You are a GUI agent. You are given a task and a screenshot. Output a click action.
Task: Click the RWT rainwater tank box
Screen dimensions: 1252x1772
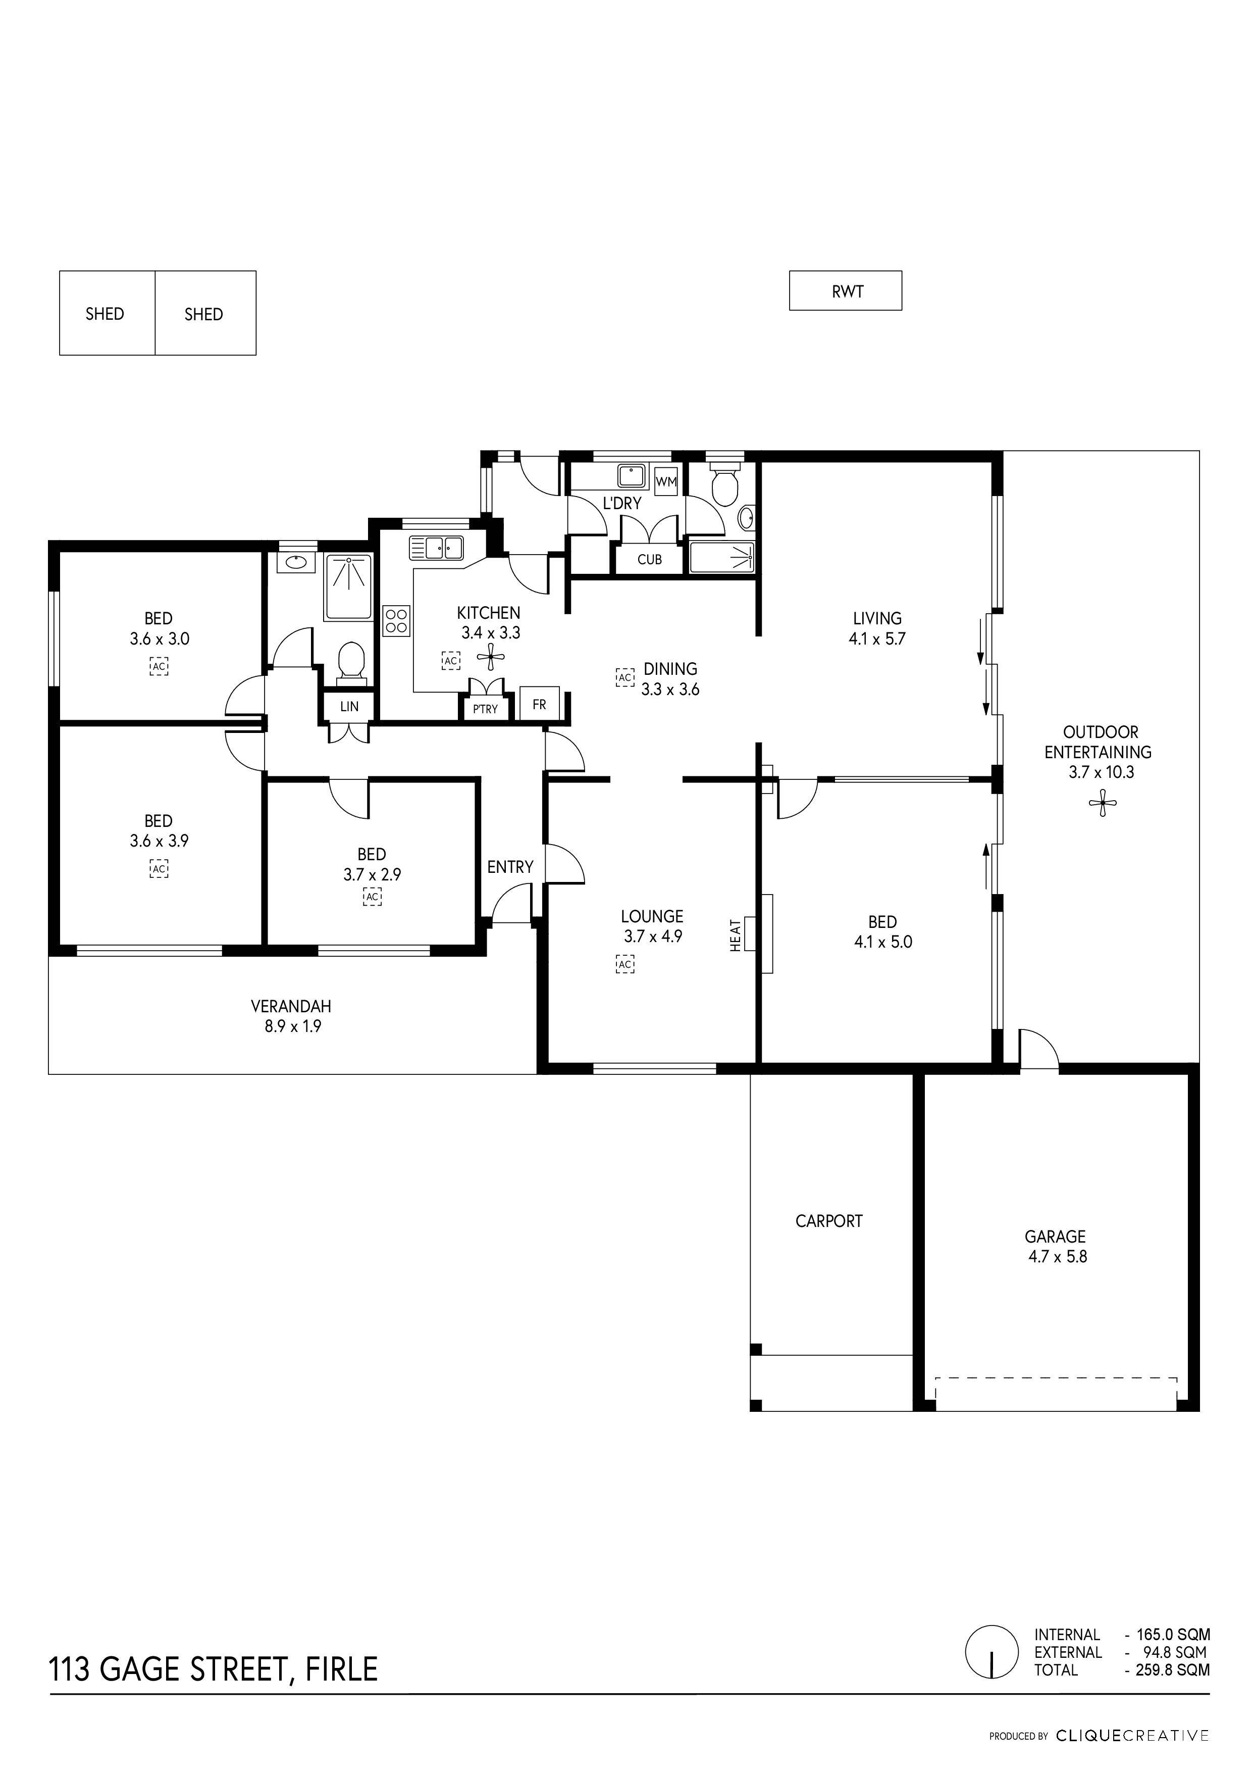click(846, 291)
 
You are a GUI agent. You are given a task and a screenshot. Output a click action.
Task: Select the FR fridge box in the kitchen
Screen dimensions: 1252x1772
click(539, 704)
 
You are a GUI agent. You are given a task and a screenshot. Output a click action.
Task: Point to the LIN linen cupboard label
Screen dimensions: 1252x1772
click(349, 706)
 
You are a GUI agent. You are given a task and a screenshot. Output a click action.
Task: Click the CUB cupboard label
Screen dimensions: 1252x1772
click(650, 560)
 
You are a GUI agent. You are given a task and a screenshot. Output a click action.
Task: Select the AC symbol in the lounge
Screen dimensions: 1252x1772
click(625, 964)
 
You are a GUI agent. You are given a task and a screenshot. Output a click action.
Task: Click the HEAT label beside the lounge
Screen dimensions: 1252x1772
click(735, 934)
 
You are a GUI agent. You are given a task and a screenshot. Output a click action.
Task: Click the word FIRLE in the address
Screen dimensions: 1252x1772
click(342, 1668)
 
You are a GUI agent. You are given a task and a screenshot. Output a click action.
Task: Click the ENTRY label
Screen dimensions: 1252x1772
click(510, 867)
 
